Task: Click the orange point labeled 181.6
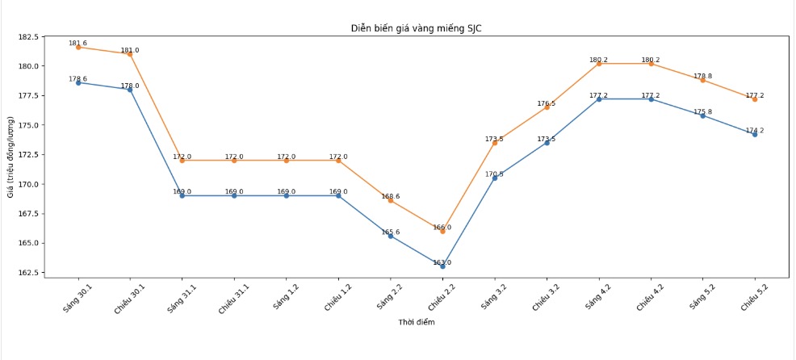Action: pyautogui.click(x=78, y=47)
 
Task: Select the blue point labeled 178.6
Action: pyautogui.click(x=78, y=82)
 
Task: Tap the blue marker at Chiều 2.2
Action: pyautogui.click(x=442, y=266)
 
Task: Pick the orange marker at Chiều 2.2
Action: pyautogui.click(x=442, y=231)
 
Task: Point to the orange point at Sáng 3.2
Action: pyautogui.click(x=494, y=142)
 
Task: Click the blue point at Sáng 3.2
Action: pyautogui.click(x=494, y=178)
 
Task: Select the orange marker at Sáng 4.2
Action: pyautogui.click(x=598, y=63)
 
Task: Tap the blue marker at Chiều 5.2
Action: pyautogui.click(x=754, y=134)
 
